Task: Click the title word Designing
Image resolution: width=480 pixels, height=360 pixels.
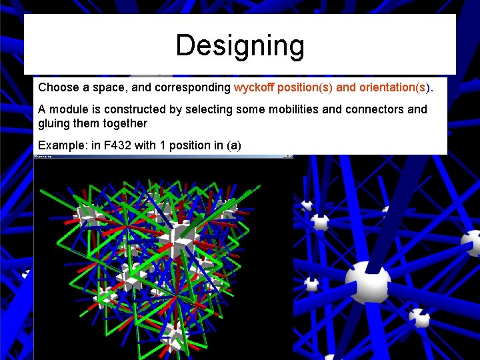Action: [x=240, y=45]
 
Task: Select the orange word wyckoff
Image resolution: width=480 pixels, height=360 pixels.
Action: [x=254, y=87]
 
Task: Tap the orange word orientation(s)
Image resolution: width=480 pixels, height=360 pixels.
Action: [x=395, y=87]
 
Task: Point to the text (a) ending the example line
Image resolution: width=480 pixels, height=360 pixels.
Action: [x=233, y=145]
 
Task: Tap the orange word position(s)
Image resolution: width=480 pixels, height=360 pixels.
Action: [x=316, y=87]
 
